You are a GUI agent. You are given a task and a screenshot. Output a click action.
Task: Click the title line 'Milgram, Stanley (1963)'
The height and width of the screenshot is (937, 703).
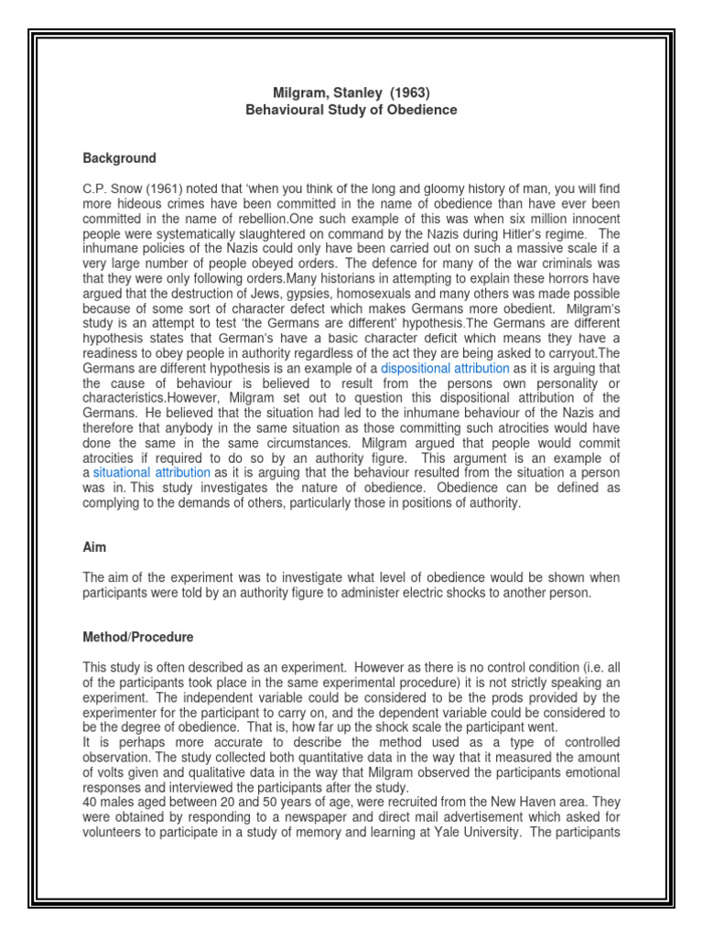pyautogui.click(x=352, y=92)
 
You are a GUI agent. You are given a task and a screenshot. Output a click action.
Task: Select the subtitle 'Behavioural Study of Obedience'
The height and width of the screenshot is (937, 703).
pyautogui.click(x=351, y=110)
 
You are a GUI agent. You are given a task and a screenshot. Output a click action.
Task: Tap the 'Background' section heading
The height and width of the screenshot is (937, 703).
pyautogui.click(x=119, y=158)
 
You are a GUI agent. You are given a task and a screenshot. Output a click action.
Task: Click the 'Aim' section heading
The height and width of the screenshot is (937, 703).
pyautogui.click(x=94, y=547)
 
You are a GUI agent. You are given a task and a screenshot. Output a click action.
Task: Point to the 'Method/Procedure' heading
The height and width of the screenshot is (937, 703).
pyautogui.click(x=138, y=637)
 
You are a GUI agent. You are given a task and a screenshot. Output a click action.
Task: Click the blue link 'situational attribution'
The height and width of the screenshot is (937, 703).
pyautogui.click(x=152, y=472)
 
